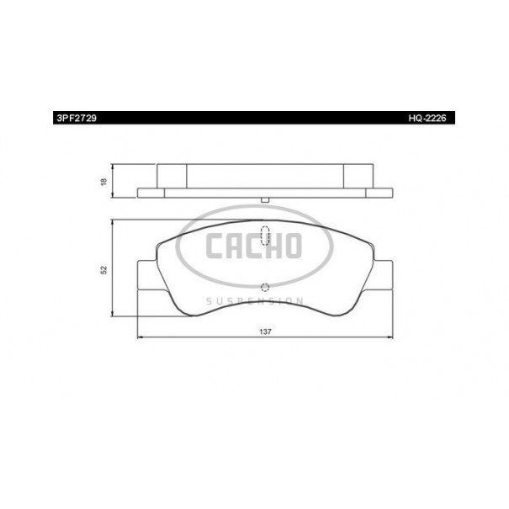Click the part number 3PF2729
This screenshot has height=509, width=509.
(x=77, y=118)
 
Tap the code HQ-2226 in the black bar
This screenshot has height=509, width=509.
(x=427, y=118)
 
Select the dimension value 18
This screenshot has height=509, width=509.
(x=103, y=182)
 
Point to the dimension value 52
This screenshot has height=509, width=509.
(x=103, y=270)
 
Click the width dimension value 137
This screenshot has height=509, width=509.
(x=265, y=331)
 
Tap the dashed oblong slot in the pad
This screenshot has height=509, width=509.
(x=265, y=235)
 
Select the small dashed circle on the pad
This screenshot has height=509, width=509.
(x=265, y=287)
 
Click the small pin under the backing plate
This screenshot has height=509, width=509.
(x=265, y=200)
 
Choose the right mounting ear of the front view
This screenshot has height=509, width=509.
(x=382, y=274)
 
